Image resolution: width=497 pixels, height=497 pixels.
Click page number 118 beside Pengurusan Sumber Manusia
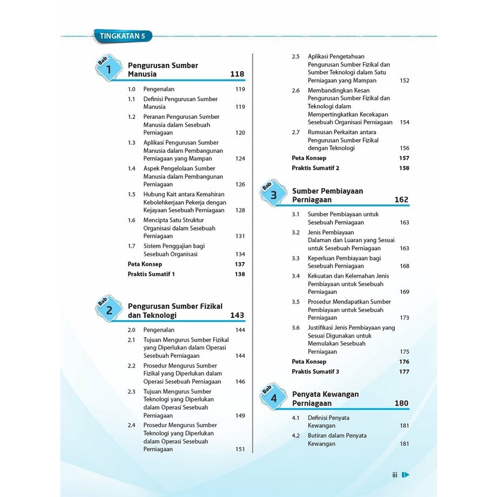click(237, 74)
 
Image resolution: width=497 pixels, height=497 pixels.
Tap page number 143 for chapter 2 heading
click(237, 315)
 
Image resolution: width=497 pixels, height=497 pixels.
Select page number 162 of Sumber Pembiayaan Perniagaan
click(401, 200)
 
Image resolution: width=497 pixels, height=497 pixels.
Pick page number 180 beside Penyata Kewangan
click(401, 403)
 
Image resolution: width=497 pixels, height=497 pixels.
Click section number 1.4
click(132, 168)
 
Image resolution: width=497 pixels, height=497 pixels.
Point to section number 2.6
click(296, 91)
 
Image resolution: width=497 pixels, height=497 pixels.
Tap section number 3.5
click(296, 302)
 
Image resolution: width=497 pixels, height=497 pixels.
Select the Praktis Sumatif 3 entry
click(315, 372)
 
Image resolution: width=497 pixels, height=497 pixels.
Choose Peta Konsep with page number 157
click(309, 158)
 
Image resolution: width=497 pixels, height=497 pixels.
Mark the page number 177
click(404, 372)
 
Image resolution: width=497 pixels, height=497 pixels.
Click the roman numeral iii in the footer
click(395, 475)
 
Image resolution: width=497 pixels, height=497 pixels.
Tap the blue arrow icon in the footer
click(406, 475)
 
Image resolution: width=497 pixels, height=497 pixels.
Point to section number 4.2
click(296, 435)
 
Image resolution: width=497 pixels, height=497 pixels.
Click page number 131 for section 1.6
click(240, 236)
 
